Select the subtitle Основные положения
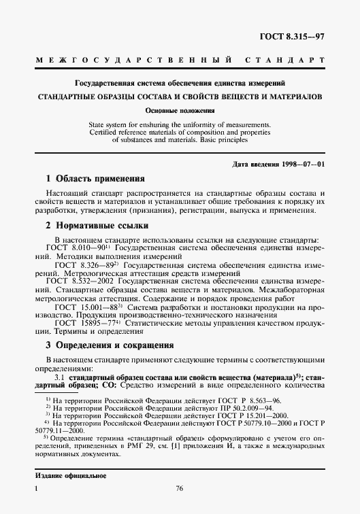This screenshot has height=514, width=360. pos(180,110)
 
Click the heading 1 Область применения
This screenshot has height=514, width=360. pos(96,179)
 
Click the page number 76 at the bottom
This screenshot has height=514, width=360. pos(180,488)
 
